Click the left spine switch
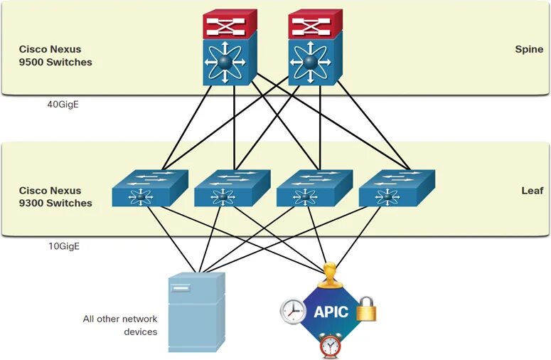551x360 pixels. tap(230, 48)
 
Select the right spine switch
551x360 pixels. tap(315, 48)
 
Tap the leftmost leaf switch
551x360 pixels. tap(150, 189)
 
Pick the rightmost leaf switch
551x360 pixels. tap(397, 189)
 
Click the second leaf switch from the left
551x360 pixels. tap(232, 189)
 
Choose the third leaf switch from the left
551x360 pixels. tap(314, 189)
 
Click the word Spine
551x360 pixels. tap(529, 49)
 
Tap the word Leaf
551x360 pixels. tap(533, 191)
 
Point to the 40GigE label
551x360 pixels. tap(63, 105)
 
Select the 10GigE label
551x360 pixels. tap(64, 246)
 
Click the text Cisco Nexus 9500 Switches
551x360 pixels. tap(55, 55)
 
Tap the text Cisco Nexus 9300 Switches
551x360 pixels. tap(55, 197)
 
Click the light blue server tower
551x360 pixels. tap(197, 312)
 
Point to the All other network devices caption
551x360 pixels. tap(120, 325)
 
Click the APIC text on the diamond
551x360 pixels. tap(331, 312)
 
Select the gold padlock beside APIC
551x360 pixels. tap(366, 309)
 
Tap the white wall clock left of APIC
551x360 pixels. tap(293, 312)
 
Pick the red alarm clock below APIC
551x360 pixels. tap(331, 346)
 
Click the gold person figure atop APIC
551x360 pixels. tap(330, 275)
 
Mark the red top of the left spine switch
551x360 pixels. tap(230, 23)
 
